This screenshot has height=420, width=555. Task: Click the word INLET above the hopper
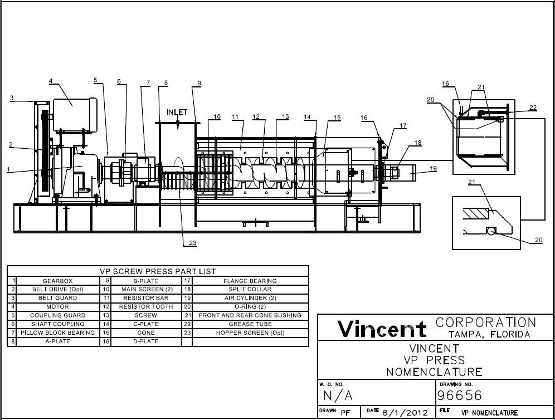click(x=178, y=113)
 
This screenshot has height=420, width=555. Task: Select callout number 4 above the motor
click(x=51, y=81)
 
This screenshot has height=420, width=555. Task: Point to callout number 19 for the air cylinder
click(x=432, y=168)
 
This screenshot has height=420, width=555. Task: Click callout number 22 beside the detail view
click(x=533, y=108)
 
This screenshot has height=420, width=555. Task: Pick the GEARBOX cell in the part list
click(x=57, y=281)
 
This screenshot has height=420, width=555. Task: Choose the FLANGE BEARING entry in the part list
click(x=250, y=281)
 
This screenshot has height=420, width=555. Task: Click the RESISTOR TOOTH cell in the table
click(x=146, y=307)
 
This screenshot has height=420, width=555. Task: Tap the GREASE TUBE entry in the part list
click(x=250, y=324)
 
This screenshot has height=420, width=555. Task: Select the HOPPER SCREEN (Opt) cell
click(x=250, y=333)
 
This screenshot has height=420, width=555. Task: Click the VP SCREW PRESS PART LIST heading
click(x=158, y=271)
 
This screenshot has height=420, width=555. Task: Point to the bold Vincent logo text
click(x=382, y=329)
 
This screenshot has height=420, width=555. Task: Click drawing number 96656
click(x=460, y=396)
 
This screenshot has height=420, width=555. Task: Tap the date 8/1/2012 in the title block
click(x=405, y=413)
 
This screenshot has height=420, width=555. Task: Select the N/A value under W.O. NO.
click(x=338, y=396)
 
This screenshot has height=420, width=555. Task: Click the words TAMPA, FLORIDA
click(x=490, y=334)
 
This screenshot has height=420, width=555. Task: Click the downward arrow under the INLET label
click(x=178, y=124)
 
